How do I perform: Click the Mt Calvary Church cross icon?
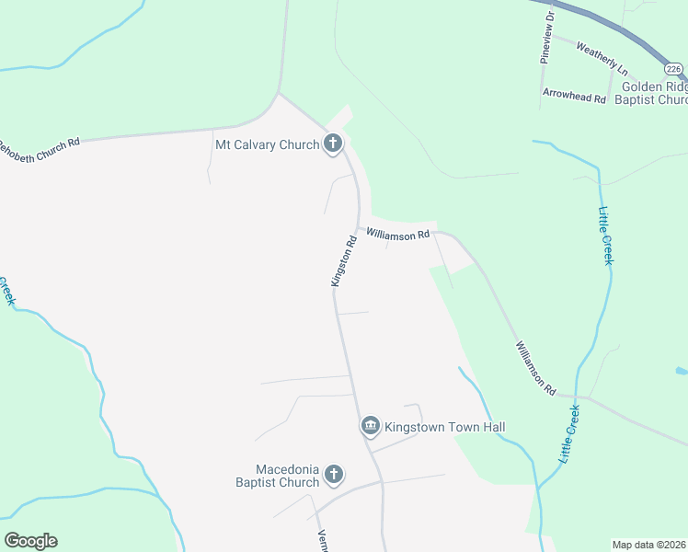coord(333,144)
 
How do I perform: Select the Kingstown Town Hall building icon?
coord(370,425)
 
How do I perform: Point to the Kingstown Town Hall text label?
coord(445,427)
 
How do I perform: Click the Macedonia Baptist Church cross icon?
coord(333,475)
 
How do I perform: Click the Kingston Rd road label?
coord(344,262)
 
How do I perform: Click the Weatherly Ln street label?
coord(602,57)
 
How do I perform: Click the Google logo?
coord(30,540)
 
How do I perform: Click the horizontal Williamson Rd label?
coord(397,235)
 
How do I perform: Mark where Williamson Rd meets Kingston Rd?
coord(358,229)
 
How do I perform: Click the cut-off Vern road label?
coord(323,541)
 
